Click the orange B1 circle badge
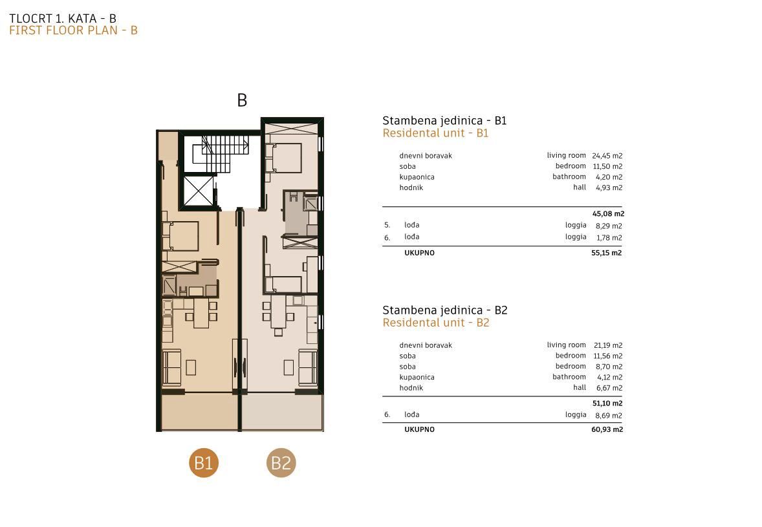(x=204, y=462)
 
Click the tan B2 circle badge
(x=281, y=462)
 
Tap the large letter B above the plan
(x=242, y=100)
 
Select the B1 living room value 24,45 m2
(x=607, y=156)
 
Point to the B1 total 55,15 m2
(x=607, y=253)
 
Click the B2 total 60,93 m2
(x=607, y=429)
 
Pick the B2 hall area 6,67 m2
(x=609, y=388)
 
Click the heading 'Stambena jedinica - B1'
(x=444, y=120)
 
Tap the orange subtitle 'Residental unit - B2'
(x=436, y=323)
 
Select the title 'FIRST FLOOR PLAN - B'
(x=73, y=30)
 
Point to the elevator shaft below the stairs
(x=199, y=191)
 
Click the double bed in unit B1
(x=180, y=236)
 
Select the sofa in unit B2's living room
(x=308, y=367)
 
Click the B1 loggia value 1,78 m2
(x=609, y=237)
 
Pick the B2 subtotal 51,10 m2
(x=607, y=403)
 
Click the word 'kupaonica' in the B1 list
(x=417, y=177)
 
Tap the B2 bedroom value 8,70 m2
(x=609, y=367)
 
